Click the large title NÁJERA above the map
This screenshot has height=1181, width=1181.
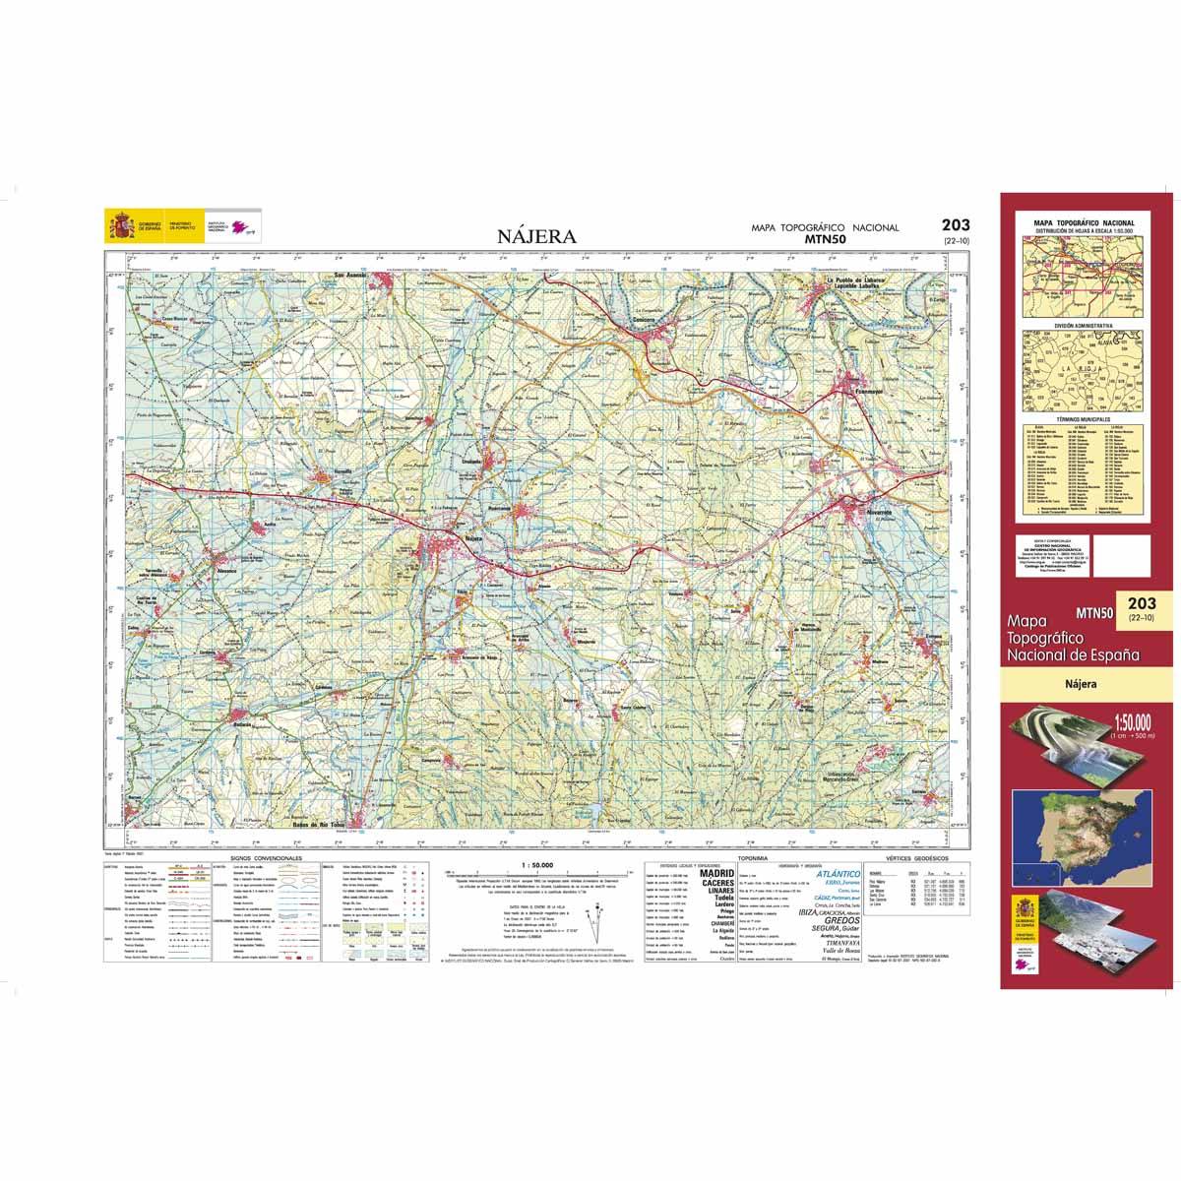[x=537, y=236]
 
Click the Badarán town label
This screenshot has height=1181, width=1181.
[x=242, y=725]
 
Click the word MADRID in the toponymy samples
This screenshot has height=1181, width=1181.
[x=715, y=872]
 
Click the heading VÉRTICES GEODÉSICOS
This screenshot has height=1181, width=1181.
[x=918, y=858]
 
